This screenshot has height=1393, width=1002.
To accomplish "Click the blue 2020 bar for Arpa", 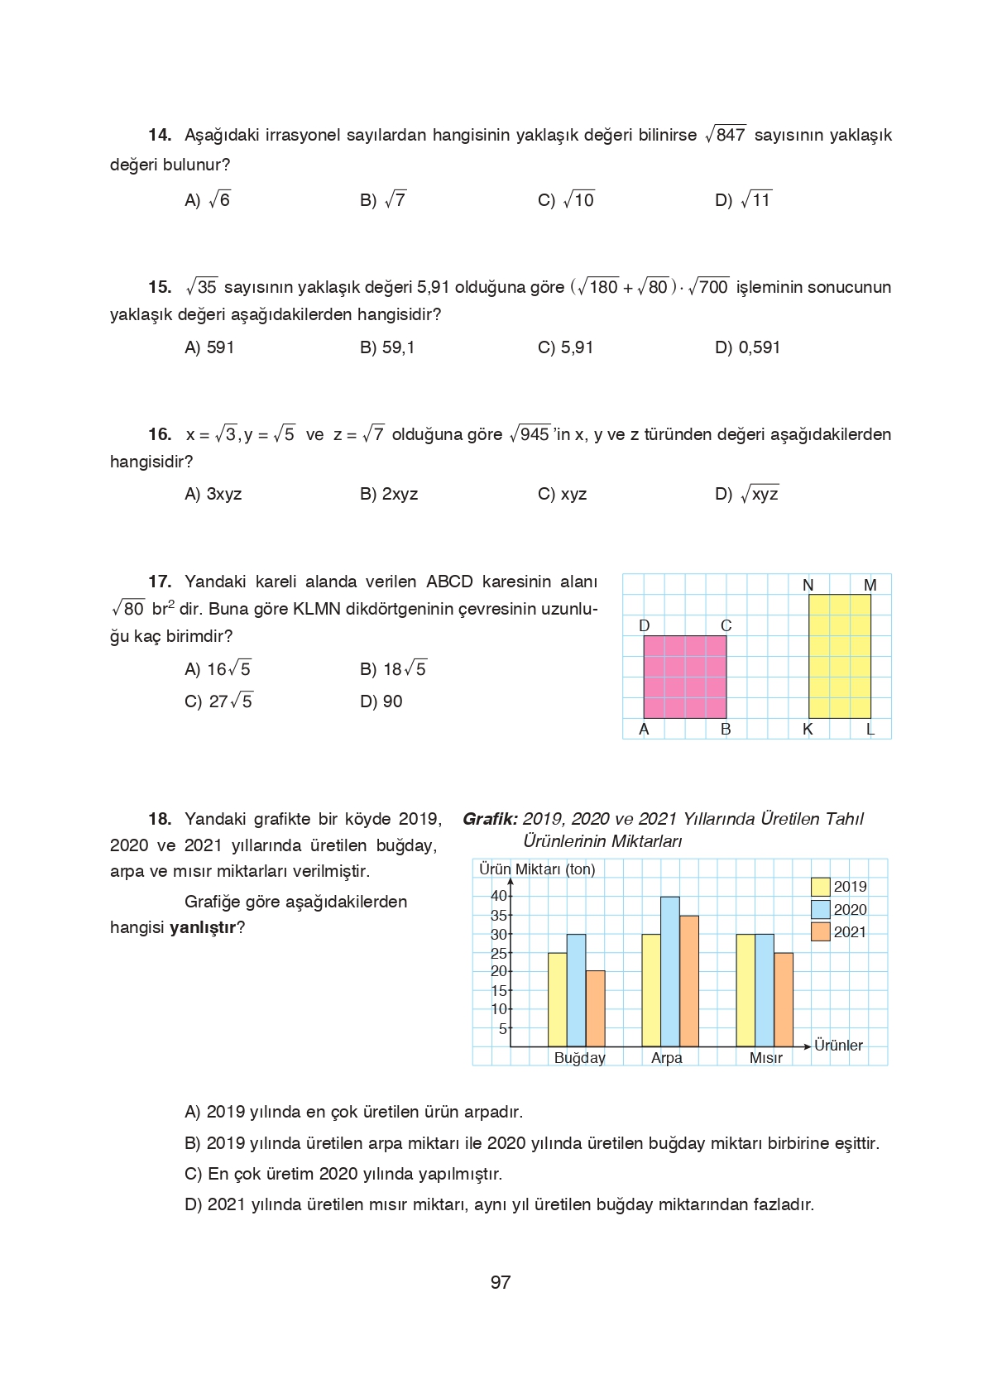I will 669,972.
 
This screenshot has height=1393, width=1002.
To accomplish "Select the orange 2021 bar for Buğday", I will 595,1009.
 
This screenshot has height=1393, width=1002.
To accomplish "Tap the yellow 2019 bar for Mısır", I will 745,991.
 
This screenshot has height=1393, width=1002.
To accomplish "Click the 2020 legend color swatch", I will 820,909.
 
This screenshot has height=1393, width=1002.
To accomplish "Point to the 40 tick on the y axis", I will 499,896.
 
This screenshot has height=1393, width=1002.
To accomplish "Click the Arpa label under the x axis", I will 666,1058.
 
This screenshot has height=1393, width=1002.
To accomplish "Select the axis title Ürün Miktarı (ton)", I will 537,869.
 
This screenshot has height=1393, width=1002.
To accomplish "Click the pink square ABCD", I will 684,677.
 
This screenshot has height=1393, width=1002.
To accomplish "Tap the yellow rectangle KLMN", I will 839,656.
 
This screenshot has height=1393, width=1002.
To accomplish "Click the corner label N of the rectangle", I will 808,585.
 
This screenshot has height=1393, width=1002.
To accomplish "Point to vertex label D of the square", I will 645,625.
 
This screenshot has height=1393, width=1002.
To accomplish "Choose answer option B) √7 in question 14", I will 383,200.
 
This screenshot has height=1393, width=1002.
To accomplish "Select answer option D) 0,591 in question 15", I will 747,347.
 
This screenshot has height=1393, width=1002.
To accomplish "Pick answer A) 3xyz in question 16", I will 213,494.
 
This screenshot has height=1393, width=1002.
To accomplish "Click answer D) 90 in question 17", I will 381,701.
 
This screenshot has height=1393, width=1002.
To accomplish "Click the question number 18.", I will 160,819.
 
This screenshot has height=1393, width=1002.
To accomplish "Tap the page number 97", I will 501,1282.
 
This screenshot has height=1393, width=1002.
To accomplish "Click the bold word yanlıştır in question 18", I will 203,927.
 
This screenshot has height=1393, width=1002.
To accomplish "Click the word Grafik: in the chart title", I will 490,819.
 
